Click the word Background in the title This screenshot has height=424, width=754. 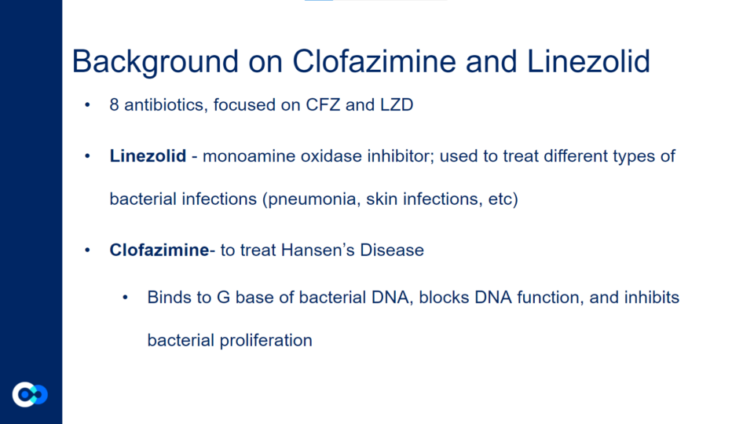pyautogui.click(x=156, y=62)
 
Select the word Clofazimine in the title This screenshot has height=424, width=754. pyautogui.click(x=374, y=61)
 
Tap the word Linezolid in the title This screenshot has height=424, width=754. pyautogui.click(x=588, y=61)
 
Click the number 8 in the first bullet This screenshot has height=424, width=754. pyautogui.click(x=114, y=104)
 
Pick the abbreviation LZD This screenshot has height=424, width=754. pyautogui.click(x=397, y=104)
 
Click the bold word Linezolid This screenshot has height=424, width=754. pyautogui.click(x=148, y=155)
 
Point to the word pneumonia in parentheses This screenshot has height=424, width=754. pyautogui.click(x=312, y=199)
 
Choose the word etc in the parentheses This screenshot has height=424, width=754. pyautogui.click(x=503, y=199)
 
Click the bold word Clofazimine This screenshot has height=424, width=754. pyautogui.click(x=159, y=250)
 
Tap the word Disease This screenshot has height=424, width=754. pyautogui.click(x=392, y=250)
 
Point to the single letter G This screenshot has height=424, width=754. pyautogui.click(x=224, y=297)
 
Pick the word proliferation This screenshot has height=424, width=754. pyautogui.click(x=266, y=340)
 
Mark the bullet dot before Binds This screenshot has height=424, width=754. pyautogui.click(x=125, y=298)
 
